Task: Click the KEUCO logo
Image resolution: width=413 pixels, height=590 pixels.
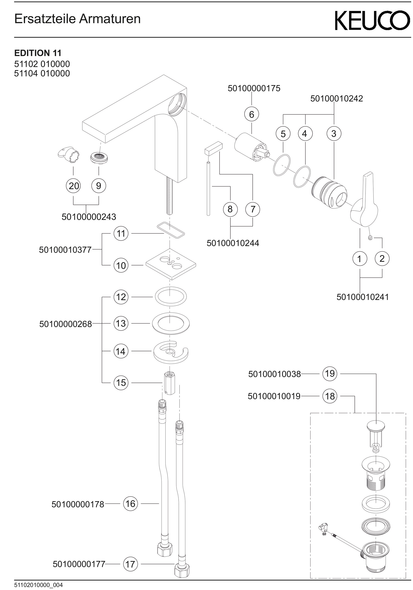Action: coord(372,20)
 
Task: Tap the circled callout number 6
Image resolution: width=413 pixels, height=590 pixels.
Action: coord(251,114)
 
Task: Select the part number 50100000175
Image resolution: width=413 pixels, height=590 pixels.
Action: coord(254,88)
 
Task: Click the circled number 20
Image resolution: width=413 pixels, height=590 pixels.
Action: coord(73,185)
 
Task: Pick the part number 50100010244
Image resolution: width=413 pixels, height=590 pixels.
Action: coord(233,243)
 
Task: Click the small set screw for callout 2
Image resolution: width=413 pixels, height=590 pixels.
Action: coord(370,238)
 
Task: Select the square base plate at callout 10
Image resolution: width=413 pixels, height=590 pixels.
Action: coord(171,264)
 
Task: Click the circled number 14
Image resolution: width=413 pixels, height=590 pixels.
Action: coord(121,351)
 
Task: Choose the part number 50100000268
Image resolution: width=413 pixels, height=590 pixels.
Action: coord(66,324)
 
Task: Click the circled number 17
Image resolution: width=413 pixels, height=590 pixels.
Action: coord(130,564)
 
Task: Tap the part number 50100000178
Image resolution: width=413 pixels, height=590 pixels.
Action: coord(78,504)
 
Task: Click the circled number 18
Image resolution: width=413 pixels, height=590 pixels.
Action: coord(330,396)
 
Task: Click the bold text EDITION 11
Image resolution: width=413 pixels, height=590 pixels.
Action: coord(38,53)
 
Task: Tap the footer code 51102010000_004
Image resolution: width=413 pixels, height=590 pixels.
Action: coord(38,585)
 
